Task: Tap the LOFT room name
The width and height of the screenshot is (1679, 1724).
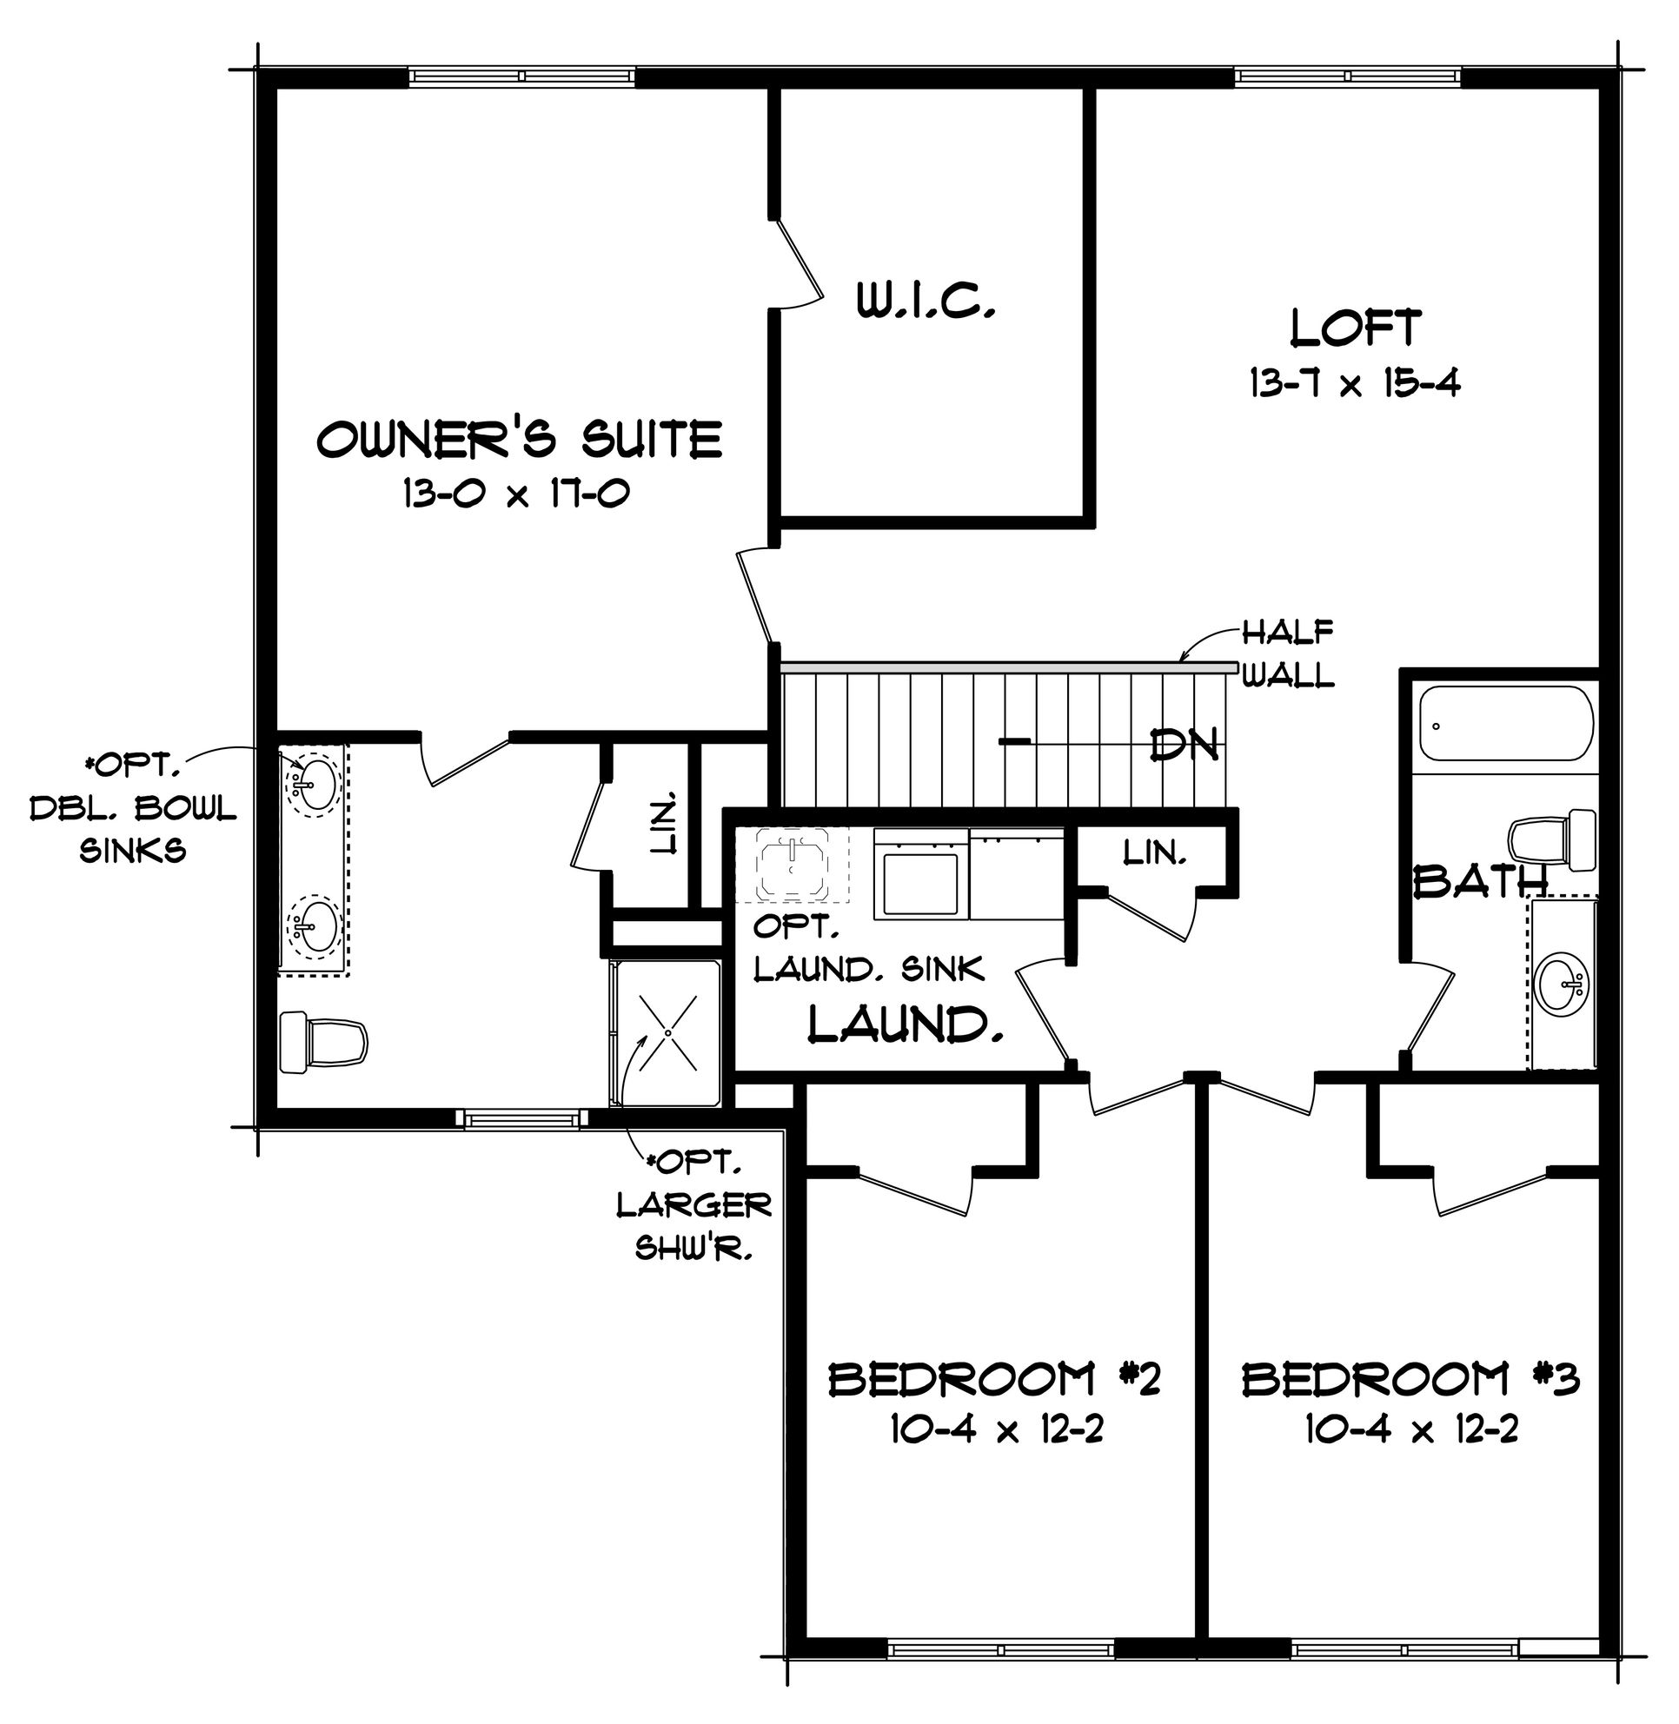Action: pos(1357,328)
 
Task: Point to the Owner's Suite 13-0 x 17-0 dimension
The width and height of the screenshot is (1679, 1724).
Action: pos(516,493)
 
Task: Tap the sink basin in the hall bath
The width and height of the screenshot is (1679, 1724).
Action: pos(1562,984)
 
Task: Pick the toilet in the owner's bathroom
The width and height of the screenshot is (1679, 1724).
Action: pos(322,1043)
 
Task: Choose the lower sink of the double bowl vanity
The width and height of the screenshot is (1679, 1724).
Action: pos(312,927)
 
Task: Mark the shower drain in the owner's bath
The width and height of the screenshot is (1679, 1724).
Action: pos(668,1032)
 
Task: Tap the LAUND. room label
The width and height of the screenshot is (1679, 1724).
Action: pos(906,1024)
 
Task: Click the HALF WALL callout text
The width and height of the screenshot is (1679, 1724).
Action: pos(1287,653)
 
